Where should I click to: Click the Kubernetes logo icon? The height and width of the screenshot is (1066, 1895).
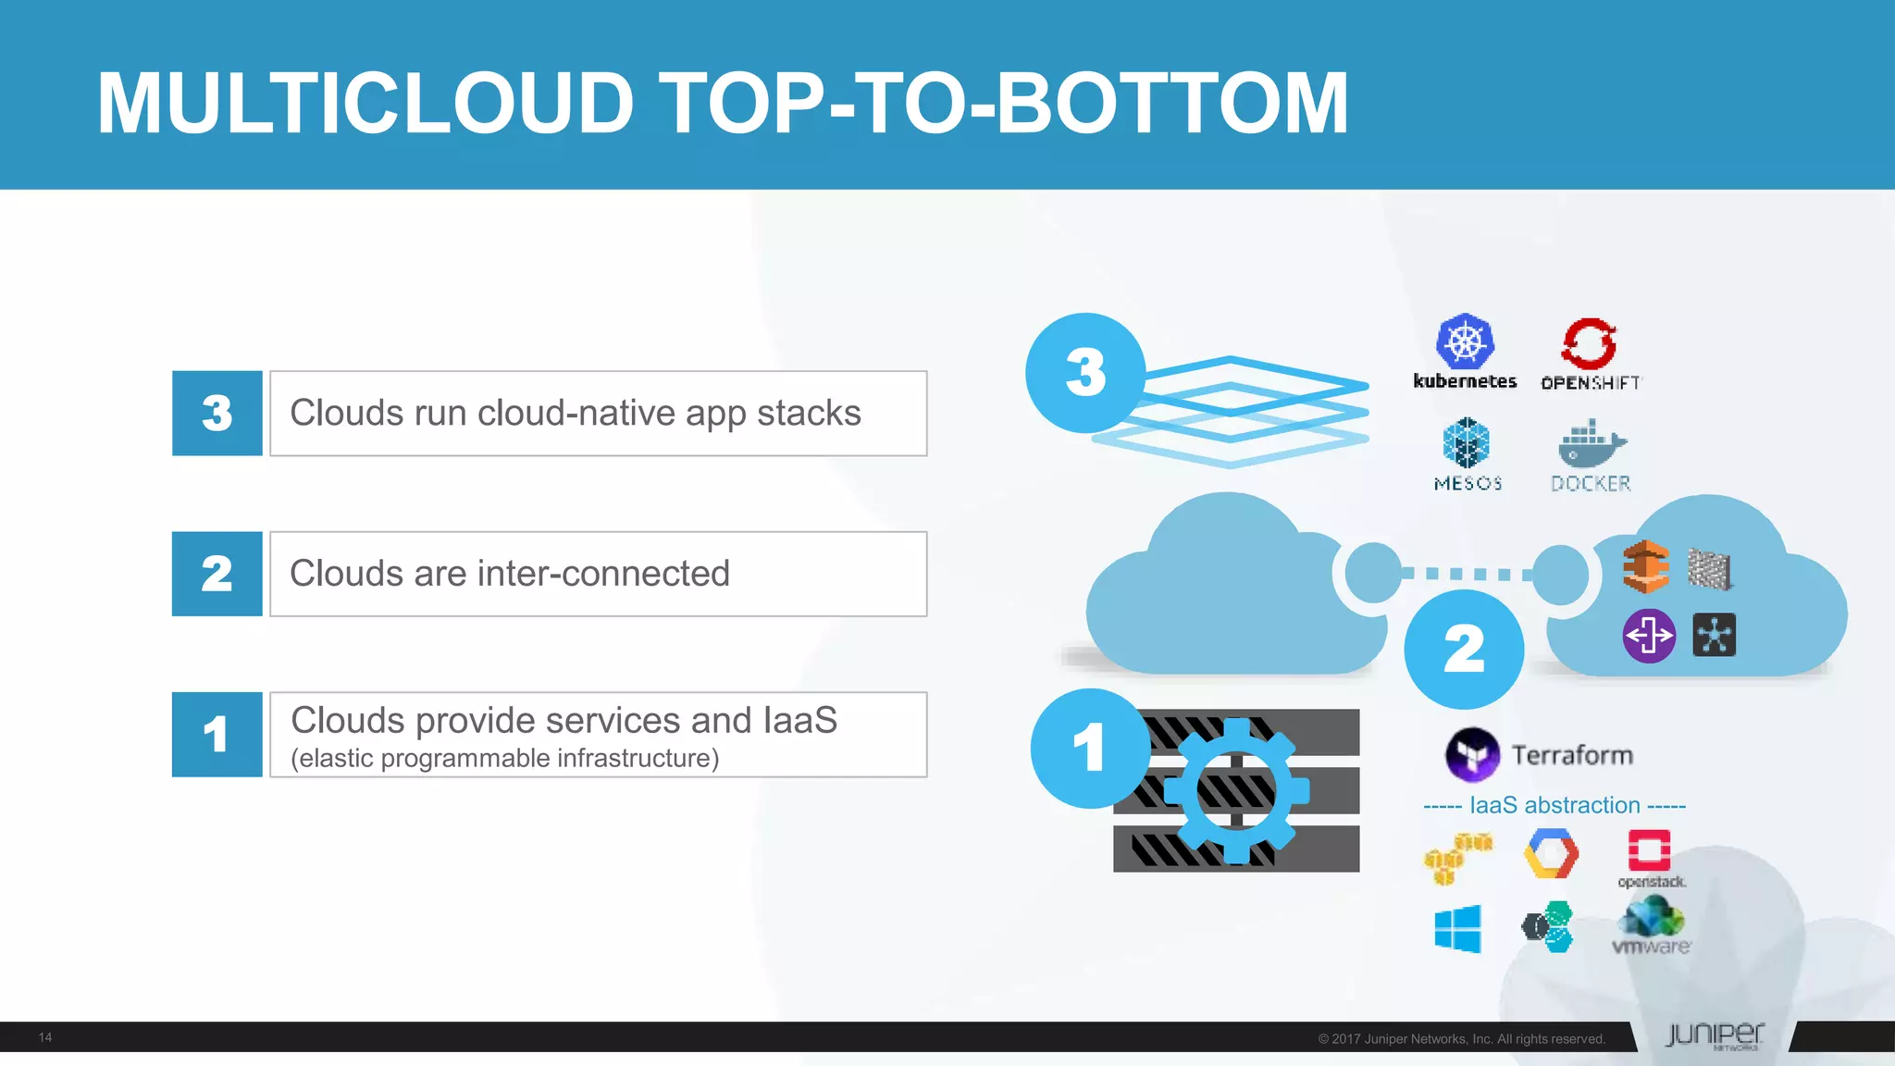click(x=1465, y=341)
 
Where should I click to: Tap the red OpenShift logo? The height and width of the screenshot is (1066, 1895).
click(x=1589, y=344)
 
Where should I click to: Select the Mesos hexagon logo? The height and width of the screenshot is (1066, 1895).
click(x=1467, y=442)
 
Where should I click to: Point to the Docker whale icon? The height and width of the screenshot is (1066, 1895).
click(x=1591, y=444)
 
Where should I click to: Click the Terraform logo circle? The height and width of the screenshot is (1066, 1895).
click(x=1472, y=754)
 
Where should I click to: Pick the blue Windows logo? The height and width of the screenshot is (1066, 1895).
click(x=1457, y=928)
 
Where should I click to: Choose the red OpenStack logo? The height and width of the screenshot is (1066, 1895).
click(x=1649, y=850)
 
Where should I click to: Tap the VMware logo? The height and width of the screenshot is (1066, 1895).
click(x=1652, y=925)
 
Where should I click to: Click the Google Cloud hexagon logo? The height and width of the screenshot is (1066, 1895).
click(x=1552, y=853)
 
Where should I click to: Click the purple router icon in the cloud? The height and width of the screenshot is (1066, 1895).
click(x=1649, y=636)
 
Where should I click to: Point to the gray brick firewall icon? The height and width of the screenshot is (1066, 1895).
click(x=1709, y=568)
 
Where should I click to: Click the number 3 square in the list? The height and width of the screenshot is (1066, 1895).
click(x=217, y=414)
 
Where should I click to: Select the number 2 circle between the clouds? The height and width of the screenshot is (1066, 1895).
click(x=1464, y=649)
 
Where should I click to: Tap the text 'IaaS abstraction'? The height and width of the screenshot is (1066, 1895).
click(x=1554, y=805)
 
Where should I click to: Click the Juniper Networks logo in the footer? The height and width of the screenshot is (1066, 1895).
click(x=1715, y=1035)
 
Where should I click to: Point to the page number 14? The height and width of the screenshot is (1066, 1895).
click(x=45, y=1037)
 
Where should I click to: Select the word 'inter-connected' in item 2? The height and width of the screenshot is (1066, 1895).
click(x=603, y=574)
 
